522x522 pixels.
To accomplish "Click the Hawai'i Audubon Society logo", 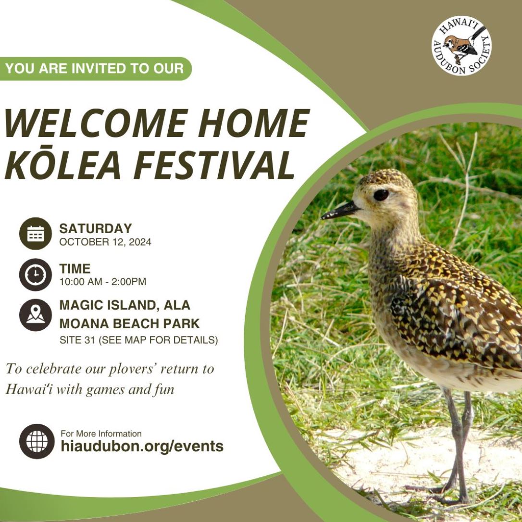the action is [x=461, y=46].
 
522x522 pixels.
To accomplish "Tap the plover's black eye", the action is [x=381, y=195].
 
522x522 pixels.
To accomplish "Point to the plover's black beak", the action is [x=340, y=211].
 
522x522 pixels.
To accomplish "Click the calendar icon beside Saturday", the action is [x=36, y=234].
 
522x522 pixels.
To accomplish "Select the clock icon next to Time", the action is [x=36, y=274].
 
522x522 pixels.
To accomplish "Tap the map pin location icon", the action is [x=36, y=315].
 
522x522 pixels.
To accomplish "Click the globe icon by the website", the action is [x=37, y=441].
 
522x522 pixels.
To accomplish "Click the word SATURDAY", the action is [x=96, y=229].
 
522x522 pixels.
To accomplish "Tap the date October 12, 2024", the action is [x=105, y=242].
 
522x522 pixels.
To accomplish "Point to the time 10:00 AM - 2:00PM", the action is [x=103, y=282].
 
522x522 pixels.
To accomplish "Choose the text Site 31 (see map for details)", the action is [x=138, y=340].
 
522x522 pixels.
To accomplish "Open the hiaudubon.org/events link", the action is [x=142, y=447].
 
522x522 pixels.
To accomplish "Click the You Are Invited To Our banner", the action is [x=96, y=69].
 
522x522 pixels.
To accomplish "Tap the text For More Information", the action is [x=101, y=434].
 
